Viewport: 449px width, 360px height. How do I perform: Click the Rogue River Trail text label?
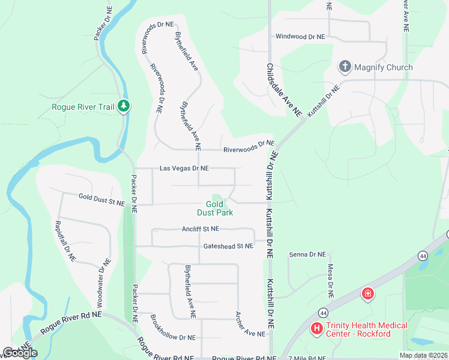(x=83, y=107)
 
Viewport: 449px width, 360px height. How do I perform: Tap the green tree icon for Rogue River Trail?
(x=124, y=107)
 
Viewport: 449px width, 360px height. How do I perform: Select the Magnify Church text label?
(x=383, y=67)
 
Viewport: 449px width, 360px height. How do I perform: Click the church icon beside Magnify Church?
(x=345, y=67)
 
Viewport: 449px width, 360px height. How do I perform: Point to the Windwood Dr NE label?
(x=300, y=37)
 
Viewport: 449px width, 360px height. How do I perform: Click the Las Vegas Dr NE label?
(x=184, y=169)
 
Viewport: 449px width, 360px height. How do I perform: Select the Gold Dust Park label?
(x=215, y=208)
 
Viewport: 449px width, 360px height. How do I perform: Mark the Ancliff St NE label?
(x=200, y=229)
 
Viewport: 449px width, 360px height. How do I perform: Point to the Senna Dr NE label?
(x=307, y=255)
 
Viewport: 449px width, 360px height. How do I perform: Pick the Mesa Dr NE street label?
(x=330, y=281)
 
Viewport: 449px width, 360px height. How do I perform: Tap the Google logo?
(x=20, y=353)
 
